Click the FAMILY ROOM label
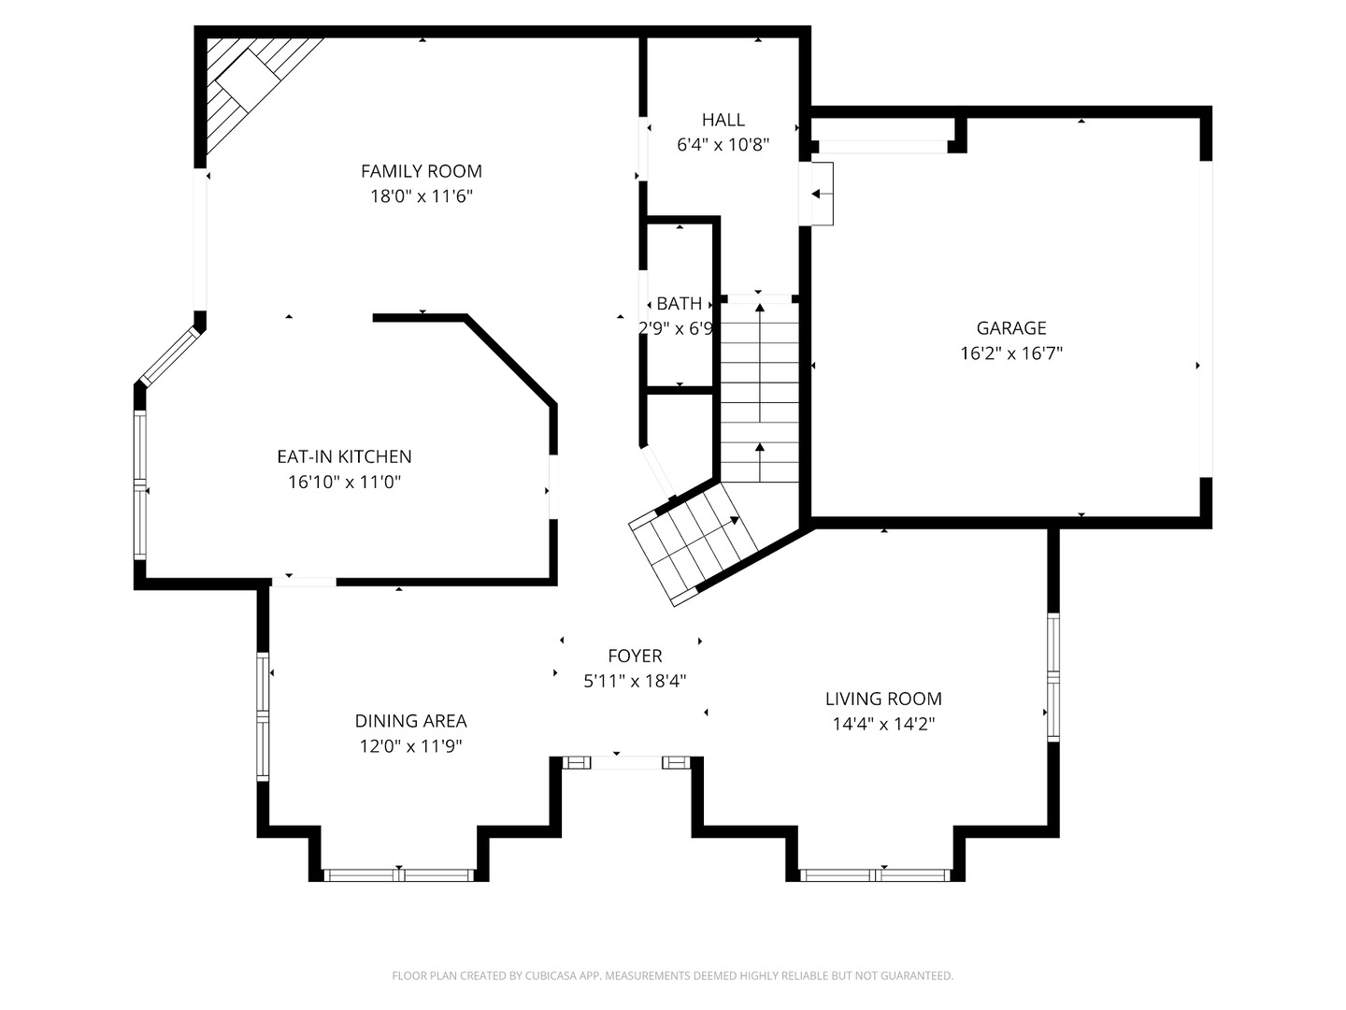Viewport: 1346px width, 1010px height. coord(422,171)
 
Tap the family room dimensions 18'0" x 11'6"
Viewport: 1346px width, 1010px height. coord(422,196)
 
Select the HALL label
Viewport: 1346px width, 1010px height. coord(723,120)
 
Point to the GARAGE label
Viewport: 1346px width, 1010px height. coord(1011,328)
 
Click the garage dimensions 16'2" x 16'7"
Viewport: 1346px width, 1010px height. coord(1011,353)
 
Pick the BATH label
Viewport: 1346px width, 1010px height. coord(679,304)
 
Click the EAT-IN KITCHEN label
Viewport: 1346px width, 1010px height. coord(344,457)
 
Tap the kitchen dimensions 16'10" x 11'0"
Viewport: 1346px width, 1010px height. coord(344,482)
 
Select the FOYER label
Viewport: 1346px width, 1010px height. coord(635,656)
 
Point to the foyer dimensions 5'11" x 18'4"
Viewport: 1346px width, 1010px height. coord(635,682)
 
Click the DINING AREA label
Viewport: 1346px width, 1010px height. coord(411,721)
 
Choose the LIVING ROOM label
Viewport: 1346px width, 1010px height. coord(883,700)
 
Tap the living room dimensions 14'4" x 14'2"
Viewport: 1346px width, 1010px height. coord(883,724)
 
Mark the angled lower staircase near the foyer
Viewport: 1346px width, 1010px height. coord(693,543)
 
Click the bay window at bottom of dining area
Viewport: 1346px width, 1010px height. coord(399,875)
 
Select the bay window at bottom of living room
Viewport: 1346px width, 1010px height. coord(876,875)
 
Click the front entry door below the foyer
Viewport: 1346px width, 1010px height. coord(626,763)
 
